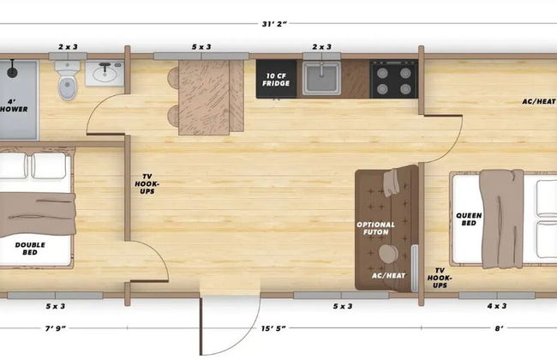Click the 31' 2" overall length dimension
tap(274, 24)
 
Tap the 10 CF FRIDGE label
tap(276, 80)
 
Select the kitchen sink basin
tap(322, 79)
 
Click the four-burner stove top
tap(393, 79)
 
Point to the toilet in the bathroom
tap(68, 81)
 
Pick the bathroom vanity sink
tap(105, 73)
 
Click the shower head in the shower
tap(13, 69)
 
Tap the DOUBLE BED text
tap(30, 249)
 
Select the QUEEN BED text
tap(469, 219)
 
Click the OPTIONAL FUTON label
tap(376, 228)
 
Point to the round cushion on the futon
tap(388, 254)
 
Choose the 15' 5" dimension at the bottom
tap(273, 328)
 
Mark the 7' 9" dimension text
tap(56, 328)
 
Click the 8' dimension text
tap(499, 328)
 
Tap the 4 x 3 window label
tap(497, 306)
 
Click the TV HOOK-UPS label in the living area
tap(147, 183)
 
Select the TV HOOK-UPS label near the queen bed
tap(440, 278)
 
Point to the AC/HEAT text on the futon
tap(389, 276)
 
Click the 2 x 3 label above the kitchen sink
tap(322, 47)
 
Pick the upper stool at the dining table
tap(173, 78)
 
